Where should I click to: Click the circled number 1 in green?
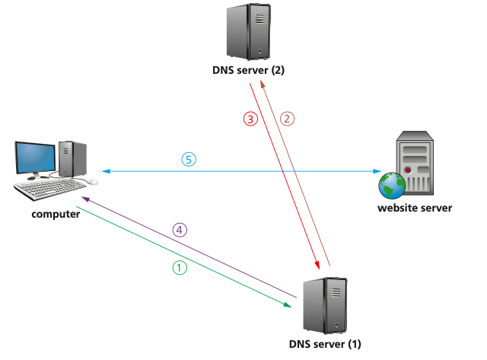pyautogui.click(x=180, y=268)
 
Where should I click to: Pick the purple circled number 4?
pyautogui.click(x=180, y=230)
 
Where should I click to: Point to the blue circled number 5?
pyautogui.click(x=189, y=159)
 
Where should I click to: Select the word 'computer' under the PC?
pyautogui.click(x=56, y=214)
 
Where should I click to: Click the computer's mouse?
pyautogui.click(x=92, y=182)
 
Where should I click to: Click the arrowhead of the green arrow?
pyautogui.click(x=289, y=305)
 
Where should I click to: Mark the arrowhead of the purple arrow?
pyautogui.click(x=86, y=197)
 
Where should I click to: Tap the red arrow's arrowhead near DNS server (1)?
pyautogui.click(x=313, y=263)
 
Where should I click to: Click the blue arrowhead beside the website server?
pyautogui.click(x=377, y=171)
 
